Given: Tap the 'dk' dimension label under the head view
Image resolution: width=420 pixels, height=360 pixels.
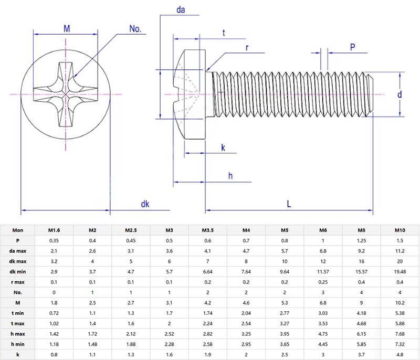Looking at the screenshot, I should click(145, 204).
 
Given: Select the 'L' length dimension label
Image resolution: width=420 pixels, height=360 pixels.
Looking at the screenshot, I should click(289, 204).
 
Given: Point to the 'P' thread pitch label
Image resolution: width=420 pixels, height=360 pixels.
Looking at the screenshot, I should click(352, 47).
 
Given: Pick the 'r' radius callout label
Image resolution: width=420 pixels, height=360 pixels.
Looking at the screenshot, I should click(247, 48).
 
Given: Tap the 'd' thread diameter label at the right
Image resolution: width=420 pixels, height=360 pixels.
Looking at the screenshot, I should click(400, 94).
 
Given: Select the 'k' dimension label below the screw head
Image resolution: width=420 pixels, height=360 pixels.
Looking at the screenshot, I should click(223, 148).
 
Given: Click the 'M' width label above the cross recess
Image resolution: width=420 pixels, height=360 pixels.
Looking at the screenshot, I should click(67, 28).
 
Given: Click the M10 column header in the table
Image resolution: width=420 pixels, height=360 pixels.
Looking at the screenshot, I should click(401, 230).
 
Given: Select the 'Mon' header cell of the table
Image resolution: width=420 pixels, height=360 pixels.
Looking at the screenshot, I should click(18, 230).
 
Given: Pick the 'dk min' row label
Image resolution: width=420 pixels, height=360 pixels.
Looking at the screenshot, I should click(18, 272).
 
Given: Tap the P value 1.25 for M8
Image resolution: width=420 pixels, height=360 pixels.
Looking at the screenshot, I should click(362, 240).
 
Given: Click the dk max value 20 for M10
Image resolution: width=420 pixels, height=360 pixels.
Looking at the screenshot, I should click(401, 261).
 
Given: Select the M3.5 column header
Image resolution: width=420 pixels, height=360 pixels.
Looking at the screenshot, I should click(208, 230).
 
